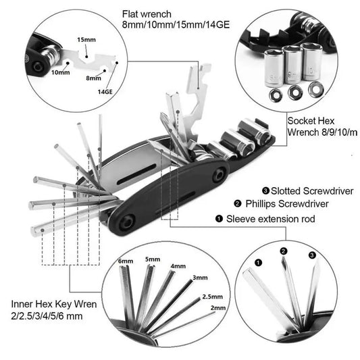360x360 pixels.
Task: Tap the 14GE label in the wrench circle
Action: pos(105,90)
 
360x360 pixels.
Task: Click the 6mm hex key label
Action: pos(126,261)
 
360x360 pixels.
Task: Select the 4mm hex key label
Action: pos(178,265)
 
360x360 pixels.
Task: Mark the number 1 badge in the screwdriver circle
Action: pos(257,262)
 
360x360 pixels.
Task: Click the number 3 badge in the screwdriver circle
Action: pos(311,255)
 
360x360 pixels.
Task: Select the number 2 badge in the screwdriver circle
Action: pos(284,251)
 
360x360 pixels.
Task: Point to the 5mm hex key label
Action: pos(153,257)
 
